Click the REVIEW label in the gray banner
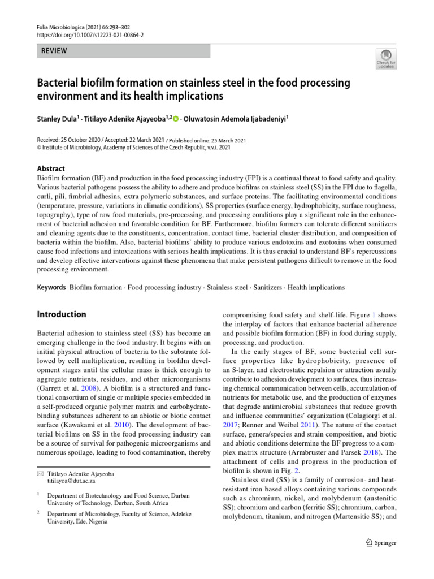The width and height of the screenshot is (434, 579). pos(54,51)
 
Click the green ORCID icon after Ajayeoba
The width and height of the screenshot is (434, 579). pos(175,119)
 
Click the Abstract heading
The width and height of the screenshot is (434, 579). pos(50,168)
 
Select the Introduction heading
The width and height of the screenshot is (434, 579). pos(61,314)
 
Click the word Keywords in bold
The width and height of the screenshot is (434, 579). pos(51,288)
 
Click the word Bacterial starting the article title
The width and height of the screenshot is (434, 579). pos(59,84)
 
